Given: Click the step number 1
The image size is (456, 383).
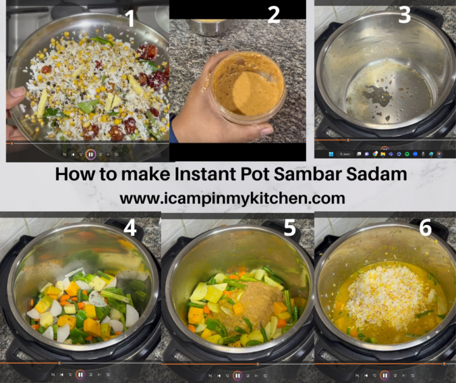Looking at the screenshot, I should (x=130, y=18).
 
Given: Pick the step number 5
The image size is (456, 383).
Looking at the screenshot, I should (x=289, y=228).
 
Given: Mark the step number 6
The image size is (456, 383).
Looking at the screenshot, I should (x=426, y=228).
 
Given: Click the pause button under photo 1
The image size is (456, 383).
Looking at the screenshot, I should (x=91, y=154).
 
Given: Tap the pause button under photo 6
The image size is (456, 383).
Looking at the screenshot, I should (x=384, y=375).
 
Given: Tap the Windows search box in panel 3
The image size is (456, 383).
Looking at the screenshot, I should (x=346, y=153).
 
